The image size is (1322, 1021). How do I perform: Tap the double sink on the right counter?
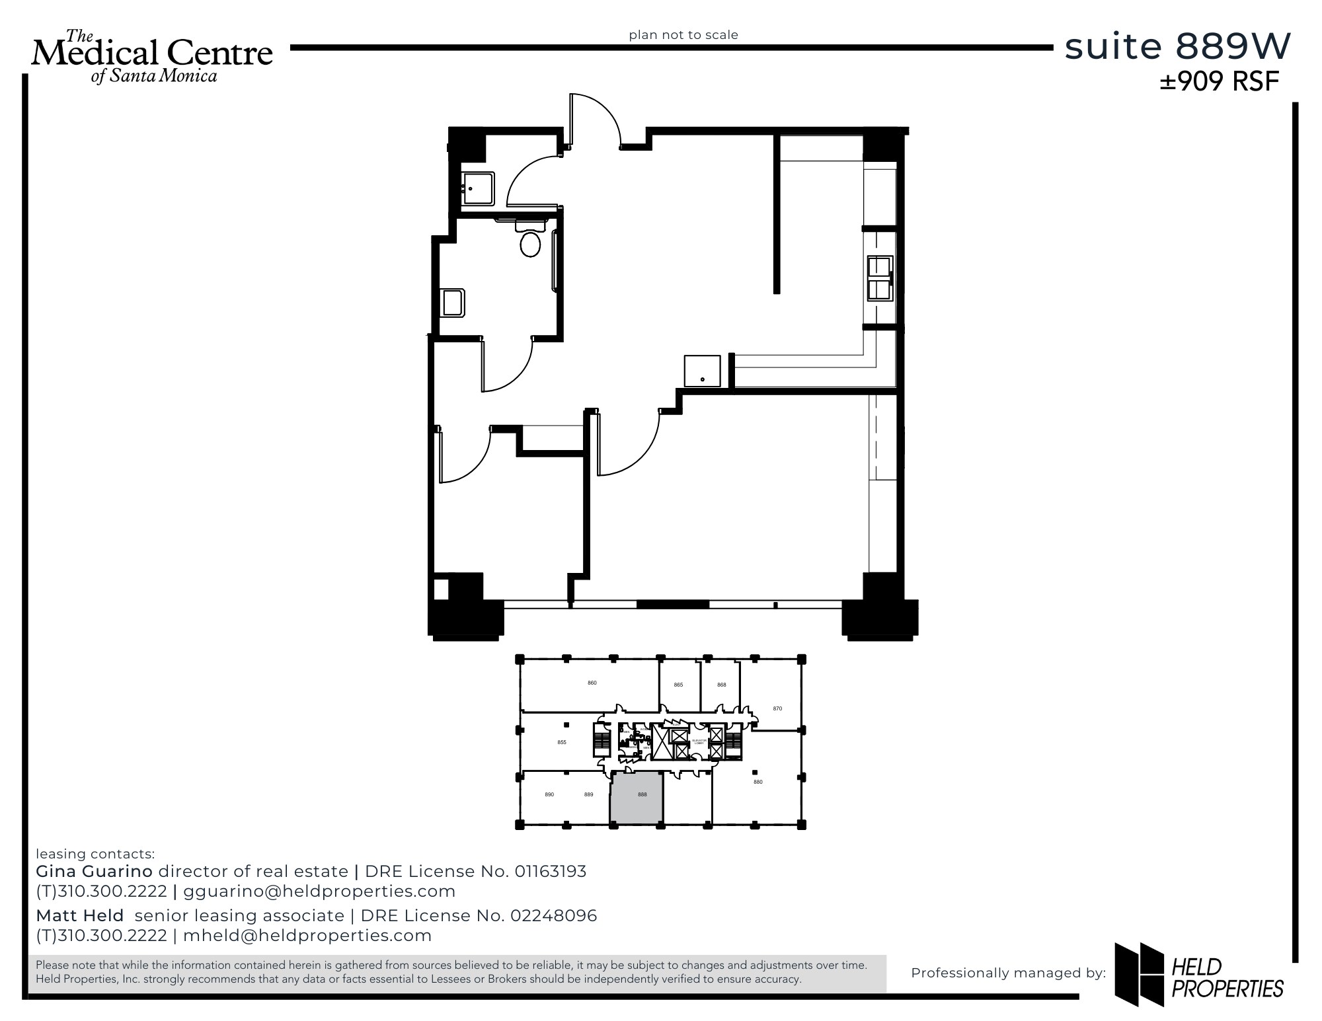pyautogui.click(x=880, y=278)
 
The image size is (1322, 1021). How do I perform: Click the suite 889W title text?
pyautogui.click(x=1177, y=46)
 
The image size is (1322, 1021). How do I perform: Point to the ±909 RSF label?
pyautogui.click(x=1220, y=81)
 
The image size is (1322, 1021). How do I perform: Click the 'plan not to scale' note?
pyautogui.click(x=683, y=35)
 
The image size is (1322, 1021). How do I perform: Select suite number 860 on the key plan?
pyautogui.click(x=592, y=683)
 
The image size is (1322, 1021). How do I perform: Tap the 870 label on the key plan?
pyautogui.click(x=777, y=708)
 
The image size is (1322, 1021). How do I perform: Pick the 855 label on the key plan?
pyautogui.click(x=562, y=742)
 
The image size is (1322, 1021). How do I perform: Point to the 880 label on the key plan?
pyautogui.click(x=758, y=782)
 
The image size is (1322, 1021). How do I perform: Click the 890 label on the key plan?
pyautogui.click(x=549, y=794)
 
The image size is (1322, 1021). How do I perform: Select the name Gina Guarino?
pyautogui.click(x=94, y=871)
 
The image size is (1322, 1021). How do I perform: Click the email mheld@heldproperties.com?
pyautogui.click(x=307, y=936)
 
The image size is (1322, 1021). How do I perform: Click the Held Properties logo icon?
pyautogui.click(x=1139, y=973)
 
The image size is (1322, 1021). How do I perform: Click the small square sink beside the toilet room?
pyautogui.click(x=478, y=188)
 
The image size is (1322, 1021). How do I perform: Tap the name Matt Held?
pyautogui.click(x=80, y=915)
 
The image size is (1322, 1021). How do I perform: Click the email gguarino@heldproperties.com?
pyautogui.click(x=319, y=891)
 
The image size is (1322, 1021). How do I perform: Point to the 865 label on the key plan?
pyautogui.click(x=678, y=685)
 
